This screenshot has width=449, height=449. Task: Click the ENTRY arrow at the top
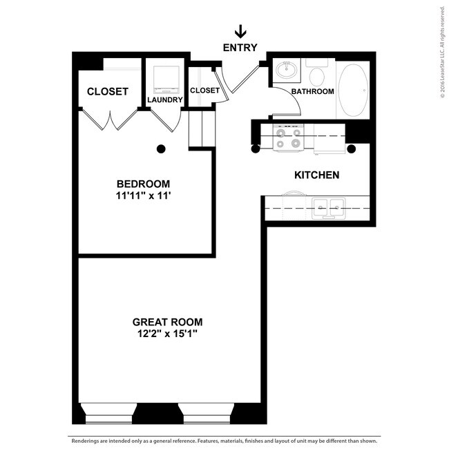pyautogui.click(x=240, y=31)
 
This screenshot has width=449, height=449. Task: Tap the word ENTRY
pyautogui.click(x=240, y=48)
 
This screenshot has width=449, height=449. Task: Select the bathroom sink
pyautogui.click(x=287, y=70)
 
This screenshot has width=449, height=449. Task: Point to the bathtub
pyautogui.click(x=353, y=90)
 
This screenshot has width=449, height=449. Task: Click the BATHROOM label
pyautogui.click(x=312, y=91)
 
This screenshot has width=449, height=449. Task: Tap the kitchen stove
pyautogui.click(x=288, y=137)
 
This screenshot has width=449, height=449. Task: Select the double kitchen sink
pyautogui.click(x=328, y=208)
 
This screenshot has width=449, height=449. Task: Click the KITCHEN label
pyautogui.click(x=316, y=175)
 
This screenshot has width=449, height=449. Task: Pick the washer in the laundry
pyautogui.click(x=166, y=80)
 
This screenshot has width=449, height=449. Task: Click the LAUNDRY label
pyautogui.click(x=165, y=99)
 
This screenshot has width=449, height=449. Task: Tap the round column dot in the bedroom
pyautogui.click(x=161, y=149)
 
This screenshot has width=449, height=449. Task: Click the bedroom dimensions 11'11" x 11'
pyautogui.click(x=143, y=195)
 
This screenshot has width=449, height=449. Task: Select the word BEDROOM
pyautogui.click(x=143, y=184)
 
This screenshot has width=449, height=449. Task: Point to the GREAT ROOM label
pyautogui.click(x=168, y=322)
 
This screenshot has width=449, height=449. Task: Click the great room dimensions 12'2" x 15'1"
pyautogui.click(x=168, y=334)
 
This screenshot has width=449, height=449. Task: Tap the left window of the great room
pyautogui.click(x=109, y=413)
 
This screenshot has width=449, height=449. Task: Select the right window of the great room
pyautogui.click(x=207, y=413)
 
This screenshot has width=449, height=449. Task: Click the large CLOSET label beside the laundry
pyautogui.click(x=107, y=92)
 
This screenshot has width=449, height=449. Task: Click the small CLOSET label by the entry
pyautogui.click(x=204, y=90)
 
